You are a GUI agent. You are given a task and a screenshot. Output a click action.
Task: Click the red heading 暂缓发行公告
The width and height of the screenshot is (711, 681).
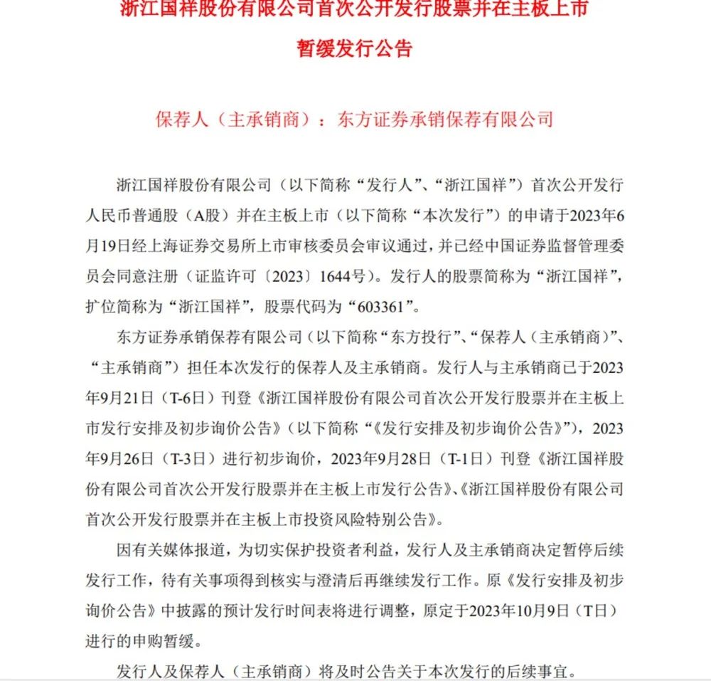point(355,49)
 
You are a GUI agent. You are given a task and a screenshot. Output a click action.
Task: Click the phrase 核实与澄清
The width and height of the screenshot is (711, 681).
point(298,580)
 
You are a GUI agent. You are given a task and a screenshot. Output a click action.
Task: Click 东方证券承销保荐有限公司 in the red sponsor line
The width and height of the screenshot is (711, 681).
point(446,117)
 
